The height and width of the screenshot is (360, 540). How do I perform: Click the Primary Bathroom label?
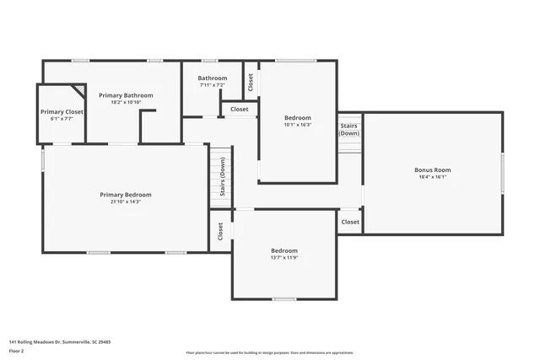coord(126,95)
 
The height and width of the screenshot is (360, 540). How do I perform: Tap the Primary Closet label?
coord(62,111)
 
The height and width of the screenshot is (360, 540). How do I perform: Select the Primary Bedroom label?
coord(126,195)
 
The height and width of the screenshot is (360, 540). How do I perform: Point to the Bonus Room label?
coord(432,169)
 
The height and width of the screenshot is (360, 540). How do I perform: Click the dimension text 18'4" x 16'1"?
coord(432,177)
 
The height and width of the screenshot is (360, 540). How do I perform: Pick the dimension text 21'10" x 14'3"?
coord(126,202)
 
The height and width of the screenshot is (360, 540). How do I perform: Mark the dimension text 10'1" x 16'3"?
coord(297,125)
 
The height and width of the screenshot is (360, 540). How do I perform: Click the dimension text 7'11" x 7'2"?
coord(213,85)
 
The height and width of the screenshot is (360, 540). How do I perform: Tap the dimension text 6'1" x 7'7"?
coord(62,119)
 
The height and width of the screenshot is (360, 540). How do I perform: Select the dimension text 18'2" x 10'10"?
coord(126,103)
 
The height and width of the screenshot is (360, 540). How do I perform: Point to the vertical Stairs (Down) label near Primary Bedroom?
coord(222,177)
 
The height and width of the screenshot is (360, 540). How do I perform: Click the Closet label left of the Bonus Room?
coord(349,222)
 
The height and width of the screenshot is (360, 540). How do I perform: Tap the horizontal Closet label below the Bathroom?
coord(240,109)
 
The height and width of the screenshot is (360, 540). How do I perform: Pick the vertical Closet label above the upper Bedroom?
coord(251,82)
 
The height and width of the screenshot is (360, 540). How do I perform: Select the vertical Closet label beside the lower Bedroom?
coord(220,230)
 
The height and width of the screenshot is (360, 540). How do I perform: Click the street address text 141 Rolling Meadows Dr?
coord(60,341)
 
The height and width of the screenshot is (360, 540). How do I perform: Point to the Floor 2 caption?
coord(15,350)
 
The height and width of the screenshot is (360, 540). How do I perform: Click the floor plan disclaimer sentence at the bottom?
coord(269,352)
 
